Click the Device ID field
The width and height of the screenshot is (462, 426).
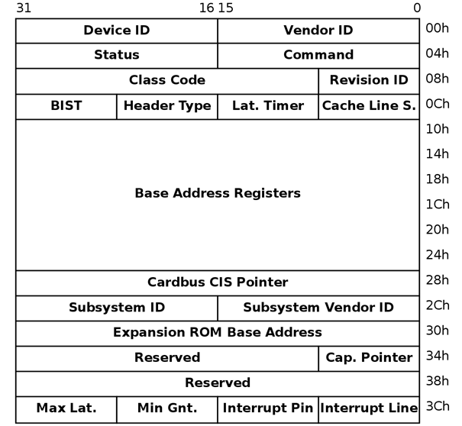pyautogui.click(x=116, y=31)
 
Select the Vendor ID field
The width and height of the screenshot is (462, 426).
pyautogui.click(x=318, y=31)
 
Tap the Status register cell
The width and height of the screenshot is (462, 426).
pyautogui.click(x=116, y=55)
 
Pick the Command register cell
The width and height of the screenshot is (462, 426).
pyautogui.click(x=318, y=55)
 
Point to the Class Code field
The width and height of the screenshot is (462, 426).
pyautogui.click(x=166, y=80)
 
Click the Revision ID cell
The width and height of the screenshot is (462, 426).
pyautogui.click(x=369, y=80)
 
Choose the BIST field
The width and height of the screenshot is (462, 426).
pyautogui.click(x=66, y=106)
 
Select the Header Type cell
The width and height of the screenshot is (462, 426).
pyautogui.click(x=167, y=106)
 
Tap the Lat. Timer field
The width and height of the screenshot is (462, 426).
pyautogui.click(x=268, y=106)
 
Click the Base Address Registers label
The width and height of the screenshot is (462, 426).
pyautogui.click(x=218, y=193)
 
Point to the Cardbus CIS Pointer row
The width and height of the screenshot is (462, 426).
pyautogui.click(x=218, y=282)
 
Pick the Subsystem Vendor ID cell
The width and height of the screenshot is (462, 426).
pyautogui.click(x=318, y=308)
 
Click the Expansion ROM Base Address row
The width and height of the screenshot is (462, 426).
pyautogui.click(x=218, y=333)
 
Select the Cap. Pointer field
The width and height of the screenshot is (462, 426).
pyautogui.click(x=369, y=357)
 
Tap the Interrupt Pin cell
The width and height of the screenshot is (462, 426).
pyautogui.click(x=268, y=408)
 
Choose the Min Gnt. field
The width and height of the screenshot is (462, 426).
pyautogui.click(x=167, y=408)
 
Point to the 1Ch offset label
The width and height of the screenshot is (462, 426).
pyautogui.click(x=438, y=205)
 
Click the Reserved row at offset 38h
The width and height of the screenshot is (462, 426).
pyautogui.click(x=218, y=382)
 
